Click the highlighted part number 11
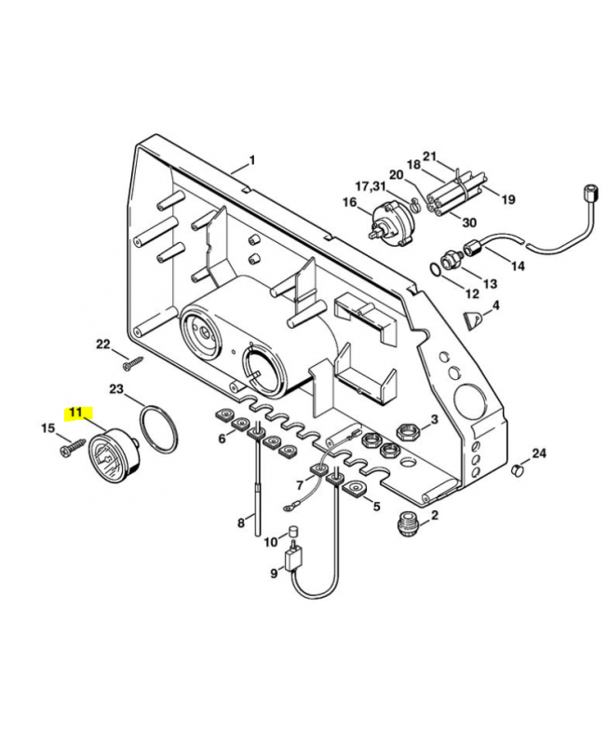click(x=74, y=412)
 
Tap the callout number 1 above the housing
click(x=250, y=160)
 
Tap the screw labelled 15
click(x=68, y=449)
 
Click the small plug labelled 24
click(x=519, y=473)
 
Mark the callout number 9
click(x=275, y=574)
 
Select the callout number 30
click(x=469, y=223)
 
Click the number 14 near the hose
click(x=518, y=265)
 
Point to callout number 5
click(x=377, y=507)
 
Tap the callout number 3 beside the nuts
click(x=433, y=421)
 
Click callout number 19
click(x=508, y=199)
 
